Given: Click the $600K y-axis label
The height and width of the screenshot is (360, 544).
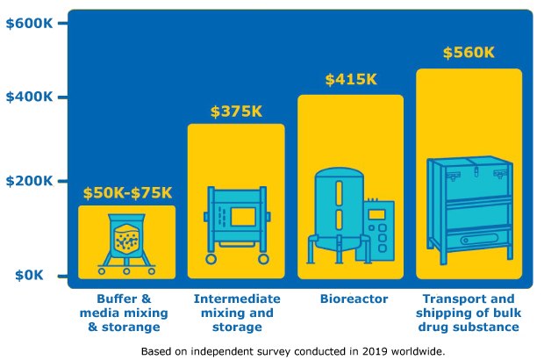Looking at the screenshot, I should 29,23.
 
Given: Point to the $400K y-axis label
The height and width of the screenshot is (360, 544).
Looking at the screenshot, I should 29,97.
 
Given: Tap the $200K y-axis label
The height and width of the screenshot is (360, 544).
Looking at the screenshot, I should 29,181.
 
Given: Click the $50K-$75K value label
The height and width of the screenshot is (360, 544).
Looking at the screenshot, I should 127,192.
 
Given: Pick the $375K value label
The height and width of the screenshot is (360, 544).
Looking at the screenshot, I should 236,112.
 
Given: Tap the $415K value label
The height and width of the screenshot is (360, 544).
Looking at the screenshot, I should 350,80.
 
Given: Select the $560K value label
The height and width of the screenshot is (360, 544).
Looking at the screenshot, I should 469,53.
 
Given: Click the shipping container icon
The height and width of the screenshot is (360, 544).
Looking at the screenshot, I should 469,211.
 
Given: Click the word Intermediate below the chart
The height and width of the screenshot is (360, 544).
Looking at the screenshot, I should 237,299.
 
